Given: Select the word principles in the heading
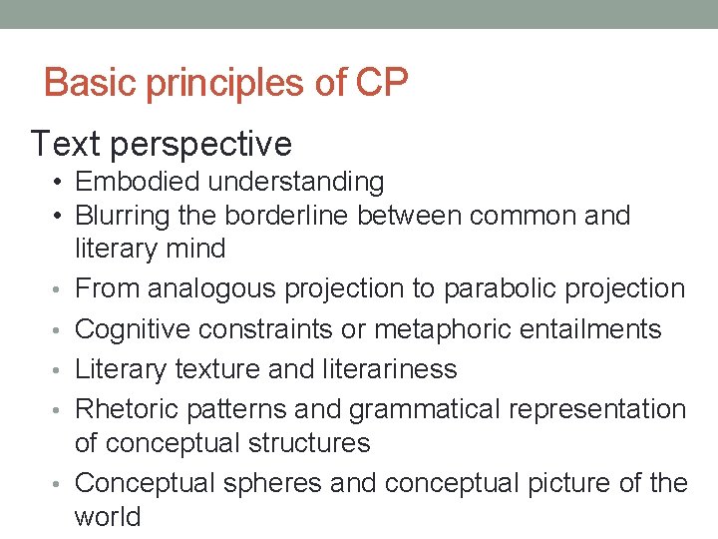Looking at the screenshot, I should tap(227, 83).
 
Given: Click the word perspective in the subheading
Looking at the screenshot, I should tap(203, 145).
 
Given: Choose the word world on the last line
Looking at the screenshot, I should tap(108, 516).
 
